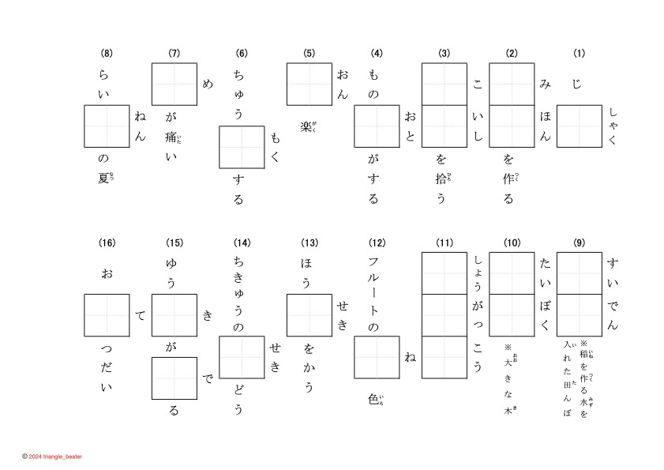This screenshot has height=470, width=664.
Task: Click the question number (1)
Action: pyautogui.click(x=580, y=54)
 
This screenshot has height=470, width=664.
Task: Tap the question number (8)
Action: pyautogui.click(x=107, y=54)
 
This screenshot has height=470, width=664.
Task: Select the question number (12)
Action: pyautogui.click(x=377, y=242)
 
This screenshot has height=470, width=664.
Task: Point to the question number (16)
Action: pyautogui.click(x=107, y=242)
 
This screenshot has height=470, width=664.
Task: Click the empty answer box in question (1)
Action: pyautogui.click(x=580, y=126)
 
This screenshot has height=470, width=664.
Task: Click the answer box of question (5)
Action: pyautogui.click(x=309, y=84)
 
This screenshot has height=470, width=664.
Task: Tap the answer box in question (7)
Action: pyautogui.click(x=174, y=84)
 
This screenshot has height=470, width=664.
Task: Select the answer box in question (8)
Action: pyautogui.click(x=107, y=126)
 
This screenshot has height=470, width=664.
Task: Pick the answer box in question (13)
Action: pyautogui.click(x=309, y=315)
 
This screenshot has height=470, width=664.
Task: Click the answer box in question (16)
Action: pyautogui.click(x=107, y=315)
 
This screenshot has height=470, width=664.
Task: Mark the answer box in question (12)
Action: pyautogui.click(x=377, y=358)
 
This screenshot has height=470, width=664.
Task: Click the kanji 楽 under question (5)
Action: pyautogui.click(x=306, y=126)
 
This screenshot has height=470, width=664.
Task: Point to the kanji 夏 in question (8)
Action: pyautogui.click(x=103, y=179)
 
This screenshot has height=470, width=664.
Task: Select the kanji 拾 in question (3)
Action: pyautogui.click(x=441, y=179)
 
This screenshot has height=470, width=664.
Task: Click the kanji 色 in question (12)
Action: pyautogui.click(x=373, y=399)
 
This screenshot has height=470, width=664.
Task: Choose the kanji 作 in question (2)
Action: pyautogui.click(x=508, y=179)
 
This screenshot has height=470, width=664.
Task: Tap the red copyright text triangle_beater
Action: pyautogui.click(x=55, y=457)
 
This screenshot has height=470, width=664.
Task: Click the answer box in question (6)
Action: pyautogui.click(x=242, y=148)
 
